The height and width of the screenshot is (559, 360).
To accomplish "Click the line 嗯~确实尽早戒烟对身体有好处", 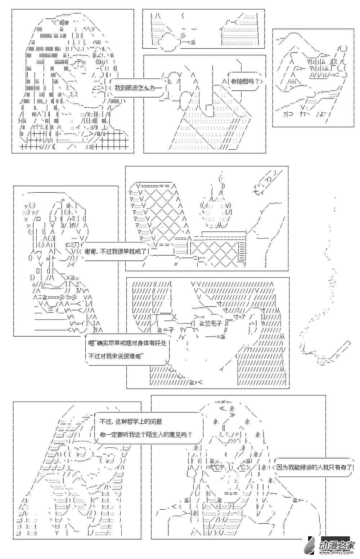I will tap(127, 343).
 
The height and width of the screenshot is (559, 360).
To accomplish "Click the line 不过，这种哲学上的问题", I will tap(130, 421).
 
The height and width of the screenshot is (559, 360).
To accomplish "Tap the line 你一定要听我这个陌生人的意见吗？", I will tap(145, 434).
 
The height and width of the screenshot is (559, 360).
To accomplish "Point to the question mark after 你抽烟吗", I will tap(256, 81).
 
